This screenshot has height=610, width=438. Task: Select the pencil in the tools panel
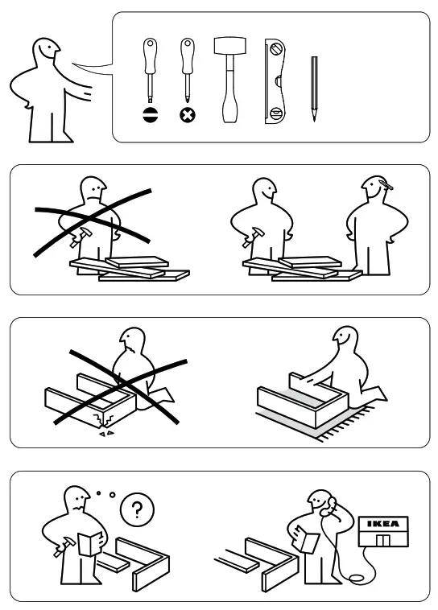314,89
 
